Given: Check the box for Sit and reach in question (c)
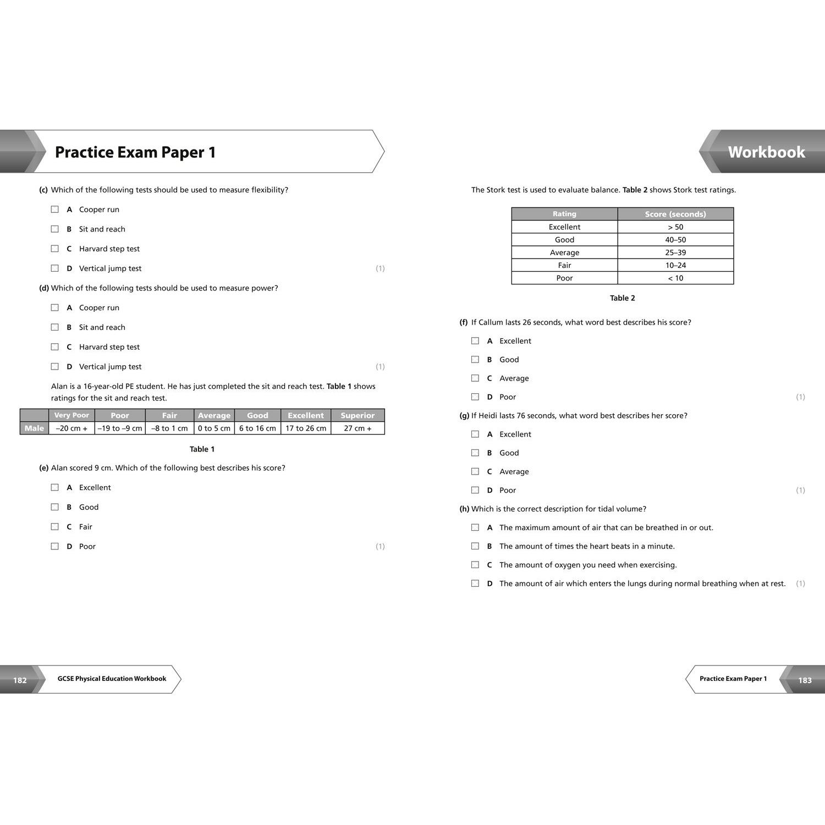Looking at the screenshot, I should coord(55,229).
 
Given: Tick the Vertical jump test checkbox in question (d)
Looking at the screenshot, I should coord(55,367).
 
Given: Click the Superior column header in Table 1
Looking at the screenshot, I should coord(358,415).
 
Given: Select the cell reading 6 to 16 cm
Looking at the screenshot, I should coord(257,428).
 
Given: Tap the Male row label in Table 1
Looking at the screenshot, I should coord(34,428).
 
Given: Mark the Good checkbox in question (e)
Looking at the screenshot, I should coord(55,507).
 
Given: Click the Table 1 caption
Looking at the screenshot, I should coord(202,449).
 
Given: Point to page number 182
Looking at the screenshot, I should coord(20,680).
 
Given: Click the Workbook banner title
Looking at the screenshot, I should coord(766,152).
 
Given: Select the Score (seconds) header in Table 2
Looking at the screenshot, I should coord(675,214).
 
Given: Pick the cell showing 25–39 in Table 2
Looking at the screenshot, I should coord(675,252).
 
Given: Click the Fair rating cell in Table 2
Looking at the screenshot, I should coord(564,265).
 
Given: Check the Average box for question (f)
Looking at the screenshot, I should coord(475,378).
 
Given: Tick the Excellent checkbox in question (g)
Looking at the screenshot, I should coord(475,435).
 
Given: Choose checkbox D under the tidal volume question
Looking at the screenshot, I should coord(475,584).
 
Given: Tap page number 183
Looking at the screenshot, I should coord(805,680).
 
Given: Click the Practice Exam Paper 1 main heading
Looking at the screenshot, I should coord(135,152).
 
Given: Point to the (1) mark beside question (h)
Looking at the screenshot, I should coord(800,584).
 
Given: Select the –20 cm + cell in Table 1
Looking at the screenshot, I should coord(71,428).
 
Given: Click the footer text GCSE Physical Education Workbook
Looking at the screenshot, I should coord(112,679).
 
